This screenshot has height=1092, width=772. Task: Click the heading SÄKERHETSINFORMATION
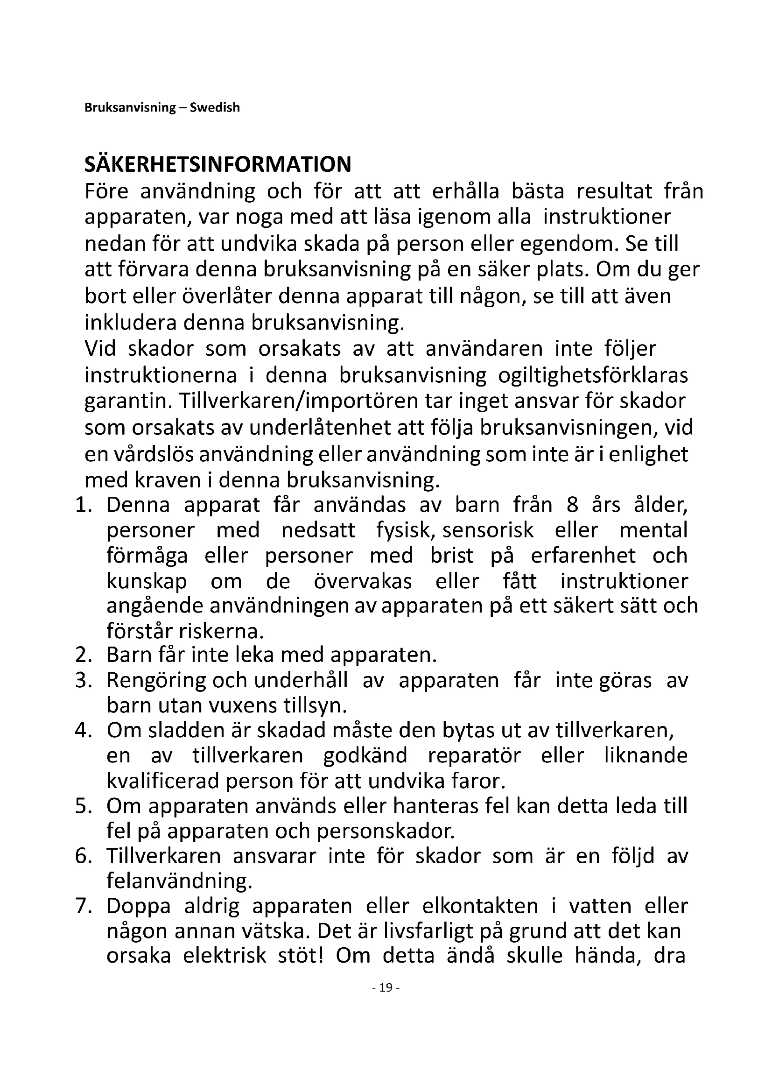pyautogui.click(x=218, y=164)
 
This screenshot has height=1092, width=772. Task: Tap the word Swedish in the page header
pyautogui.click(x=215, y=107)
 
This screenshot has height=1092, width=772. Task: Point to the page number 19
pyautogui.click(x=386, y=988)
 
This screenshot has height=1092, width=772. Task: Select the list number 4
pyautogui.click(x=83, y=731)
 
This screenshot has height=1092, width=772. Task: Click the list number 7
pyautogui.click(x=83, y=906)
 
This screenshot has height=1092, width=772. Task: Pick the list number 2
pyautogui.click(x=83, y=655)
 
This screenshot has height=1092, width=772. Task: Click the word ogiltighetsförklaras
pyautogui.click(x=593, y=376)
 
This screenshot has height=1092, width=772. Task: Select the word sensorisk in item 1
pyautogui.click(x=488, y=530)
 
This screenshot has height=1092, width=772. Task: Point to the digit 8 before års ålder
pyautogui.click(x=572, y=505)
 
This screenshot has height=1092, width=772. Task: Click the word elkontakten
pyautogui.click(x=480, y=906)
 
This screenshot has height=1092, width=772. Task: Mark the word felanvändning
pyautogui.click(x=179, y=881)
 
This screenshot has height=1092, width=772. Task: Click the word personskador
pyautogui.click(x=386, y=831)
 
